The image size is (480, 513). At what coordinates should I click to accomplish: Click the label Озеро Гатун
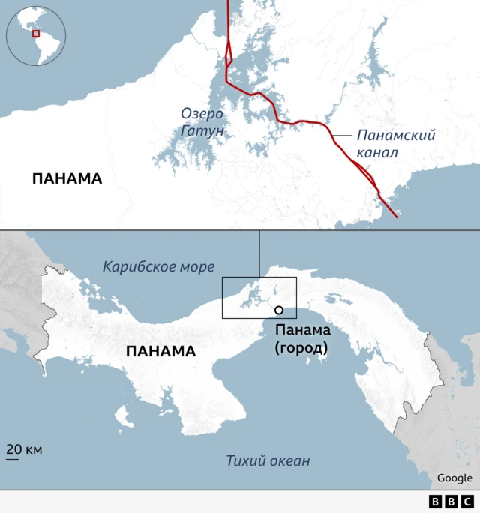tap(202, 122)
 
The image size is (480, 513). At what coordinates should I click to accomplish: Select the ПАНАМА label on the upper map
tap(67, 178)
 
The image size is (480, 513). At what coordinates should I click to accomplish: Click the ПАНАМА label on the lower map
tap(160, 351)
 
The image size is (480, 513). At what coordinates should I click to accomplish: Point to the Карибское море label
tap(158, 266)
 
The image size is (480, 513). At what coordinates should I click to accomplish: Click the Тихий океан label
tap(268, 460)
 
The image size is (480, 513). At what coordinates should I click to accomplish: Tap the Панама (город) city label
tap(301, 339)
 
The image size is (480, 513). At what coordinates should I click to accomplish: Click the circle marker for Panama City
tap(278, 310)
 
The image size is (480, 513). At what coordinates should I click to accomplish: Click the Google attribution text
tap(454, 478)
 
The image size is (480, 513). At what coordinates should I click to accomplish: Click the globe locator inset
tap(35, 35)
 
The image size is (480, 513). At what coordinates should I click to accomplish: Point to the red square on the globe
tap(35, 33)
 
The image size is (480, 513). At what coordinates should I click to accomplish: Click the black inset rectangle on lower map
tap(259, 298)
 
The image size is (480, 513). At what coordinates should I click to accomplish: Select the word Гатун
tap(202, 131)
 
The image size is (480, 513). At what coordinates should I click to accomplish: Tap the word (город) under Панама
tap(301, 348)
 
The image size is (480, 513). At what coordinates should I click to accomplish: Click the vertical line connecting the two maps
tap(259, 253)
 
